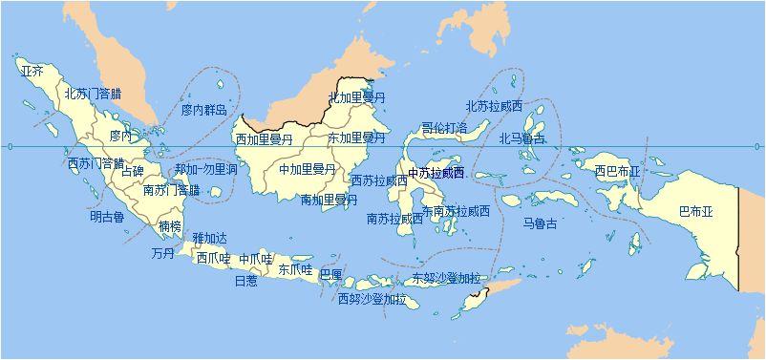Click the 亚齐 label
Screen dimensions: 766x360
click(x=32, y=71)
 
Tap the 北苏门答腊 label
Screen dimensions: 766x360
click(x=93, y=94)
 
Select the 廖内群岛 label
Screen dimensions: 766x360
click(x=204, y=111)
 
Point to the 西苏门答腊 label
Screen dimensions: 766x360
click(x=96, y=163)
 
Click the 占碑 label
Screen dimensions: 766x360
click(x=133, y=172)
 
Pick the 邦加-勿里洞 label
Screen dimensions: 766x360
click(x=206, y=170)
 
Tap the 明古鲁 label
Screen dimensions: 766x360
click(x=107, y=217)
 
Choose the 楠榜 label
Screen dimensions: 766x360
click(x=170, y=227)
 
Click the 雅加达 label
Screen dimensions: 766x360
click(x=210, y=238)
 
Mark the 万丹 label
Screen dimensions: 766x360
click(x=162, y=254)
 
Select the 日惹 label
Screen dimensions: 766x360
click(x=245, y=281)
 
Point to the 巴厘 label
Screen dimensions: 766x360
click(x=331, y=274)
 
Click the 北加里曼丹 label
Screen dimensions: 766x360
click(x=357, y=97)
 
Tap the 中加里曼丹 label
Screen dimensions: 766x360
click(x=308, y=169)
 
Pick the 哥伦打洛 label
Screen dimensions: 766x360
click(x=445, y=127)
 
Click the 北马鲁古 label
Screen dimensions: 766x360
click(x=522, y=138)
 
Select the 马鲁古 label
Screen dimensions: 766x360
click(x=540, y=223)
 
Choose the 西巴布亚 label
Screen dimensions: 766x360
click(x=617, y=172)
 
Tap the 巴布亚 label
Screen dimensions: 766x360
click(x=695, y=210)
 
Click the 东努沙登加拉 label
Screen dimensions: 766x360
click(x=446, y=279)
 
